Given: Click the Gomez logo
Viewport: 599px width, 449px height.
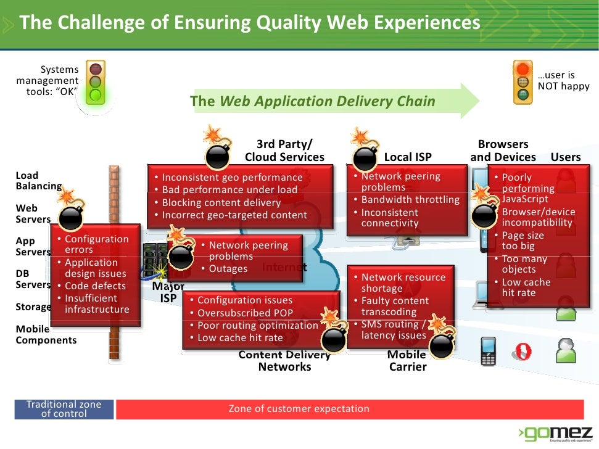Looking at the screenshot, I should click(x=555, y=432).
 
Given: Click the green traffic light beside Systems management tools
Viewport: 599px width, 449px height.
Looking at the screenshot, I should click(x=95, y=81).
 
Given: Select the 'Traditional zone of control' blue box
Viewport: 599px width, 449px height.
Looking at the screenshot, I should click(x=64, y=409).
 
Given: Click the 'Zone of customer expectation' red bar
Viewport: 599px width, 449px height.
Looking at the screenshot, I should click(x=350, y=408).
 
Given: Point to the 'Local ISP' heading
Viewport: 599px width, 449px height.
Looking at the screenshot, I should click(x=408, y=157).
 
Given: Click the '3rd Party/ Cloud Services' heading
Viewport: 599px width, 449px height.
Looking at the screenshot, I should click(x=284, y=150).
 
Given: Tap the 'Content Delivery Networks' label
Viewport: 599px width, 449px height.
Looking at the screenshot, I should click(x=284, y=361).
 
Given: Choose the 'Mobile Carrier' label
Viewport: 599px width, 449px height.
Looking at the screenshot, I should click(x=407, y=361).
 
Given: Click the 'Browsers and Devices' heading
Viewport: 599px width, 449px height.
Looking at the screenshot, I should click(x=503, y=150).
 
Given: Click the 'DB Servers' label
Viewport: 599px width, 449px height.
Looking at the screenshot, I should click(x=33, y=279).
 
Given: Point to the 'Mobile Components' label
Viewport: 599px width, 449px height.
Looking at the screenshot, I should click(x=46, y=334).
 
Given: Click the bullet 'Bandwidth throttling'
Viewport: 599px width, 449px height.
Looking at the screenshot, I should click(x=410, y=200).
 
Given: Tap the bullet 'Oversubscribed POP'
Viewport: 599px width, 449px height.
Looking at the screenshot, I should click(x=244, y=313).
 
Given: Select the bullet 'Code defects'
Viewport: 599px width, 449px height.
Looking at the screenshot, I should click(x=95, y=286).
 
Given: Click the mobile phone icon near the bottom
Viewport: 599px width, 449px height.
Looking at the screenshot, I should click(x=489, y=350).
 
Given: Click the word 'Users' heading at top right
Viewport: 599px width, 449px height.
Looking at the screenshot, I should click(x=566, y=157).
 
